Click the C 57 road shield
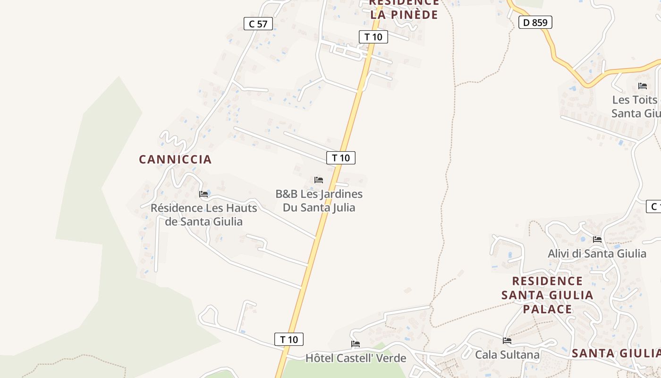coord(258,24)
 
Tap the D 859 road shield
coord(535,22)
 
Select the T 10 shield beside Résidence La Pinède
coord(373,37)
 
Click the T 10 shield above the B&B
coord(341,158)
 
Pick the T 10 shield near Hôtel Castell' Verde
coord(289,339)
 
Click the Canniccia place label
coord(175,160)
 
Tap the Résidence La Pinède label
coord(404,9)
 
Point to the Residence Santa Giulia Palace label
coord(547,295)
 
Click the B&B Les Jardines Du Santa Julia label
coord(319,201)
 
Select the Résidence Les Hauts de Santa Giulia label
coord(204,215)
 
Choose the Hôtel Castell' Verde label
coord(356,358)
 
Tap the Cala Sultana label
coord(507,354)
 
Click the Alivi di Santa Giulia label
coord(597,254)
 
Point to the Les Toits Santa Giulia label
coord(636,107)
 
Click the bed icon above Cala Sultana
coord(507,340)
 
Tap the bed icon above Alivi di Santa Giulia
coord(597,240)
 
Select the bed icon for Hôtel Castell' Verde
coord(356,344)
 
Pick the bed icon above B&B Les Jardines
coord(319,180)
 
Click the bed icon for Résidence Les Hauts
coord(203,194)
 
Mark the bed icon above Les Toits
coord(642,86)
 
